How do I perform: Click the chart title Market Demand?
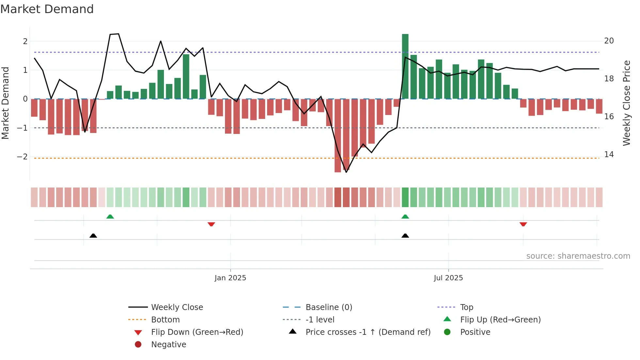[x=47, y=9]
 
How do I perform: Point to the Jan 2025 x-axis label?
[x=230, y=278]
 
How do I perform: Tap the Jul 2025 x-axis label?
[x=448, y=278]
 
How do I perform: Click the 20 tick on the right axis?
[x=609, y=41]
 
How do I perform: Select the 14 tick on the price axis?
[x=609, y=155]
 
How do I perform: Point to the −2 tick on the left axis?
[x=23, y=156]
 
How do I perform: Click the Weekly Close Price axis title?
[x=626, y=103]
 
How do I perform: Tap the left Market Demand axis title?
[x=5, y=103]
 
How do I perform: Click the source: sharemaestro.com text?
[x=578, y=256]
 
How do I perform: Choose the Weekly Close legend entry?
[x=177, y=307]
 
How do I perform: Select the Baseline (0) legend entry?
[x=328, y=307]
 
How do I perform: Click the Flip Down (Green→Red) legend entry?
[x=197, y=332]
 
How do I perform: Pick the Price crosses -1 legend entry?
[x=368, y=332]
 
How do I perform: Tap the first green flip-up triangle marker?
[x=110, y=217]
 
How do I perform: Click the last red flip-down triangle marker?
[x=523, y=224]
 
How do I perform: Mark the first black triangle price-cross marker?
[x=93, y=236]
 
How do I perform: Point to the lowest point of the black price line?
[x=346, y=172]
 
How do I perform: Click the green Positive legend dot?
[x=447, y=332]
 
